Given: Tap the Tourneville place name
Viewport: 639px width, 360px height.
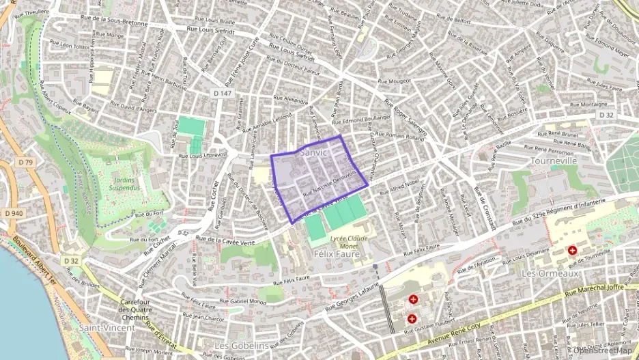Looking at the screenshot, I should (554, 161).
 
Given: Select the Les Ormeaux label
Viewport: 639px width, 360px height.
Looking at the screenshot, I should (550, 273).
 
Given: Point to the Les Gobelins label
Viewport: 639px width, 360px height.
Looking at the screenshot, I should (242, 346).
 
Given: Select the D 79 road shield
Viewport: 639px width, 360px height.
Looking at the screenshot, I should (27, 162).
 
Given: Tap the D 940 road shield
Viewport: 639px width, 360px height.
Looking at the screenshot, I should (13, 213).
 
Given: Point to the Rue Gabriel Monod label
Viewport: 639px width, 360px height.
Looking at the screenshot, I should (243, 301).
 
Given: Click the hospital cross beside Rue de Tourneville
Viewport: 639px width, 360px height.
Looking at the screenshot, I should (571, 250).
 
